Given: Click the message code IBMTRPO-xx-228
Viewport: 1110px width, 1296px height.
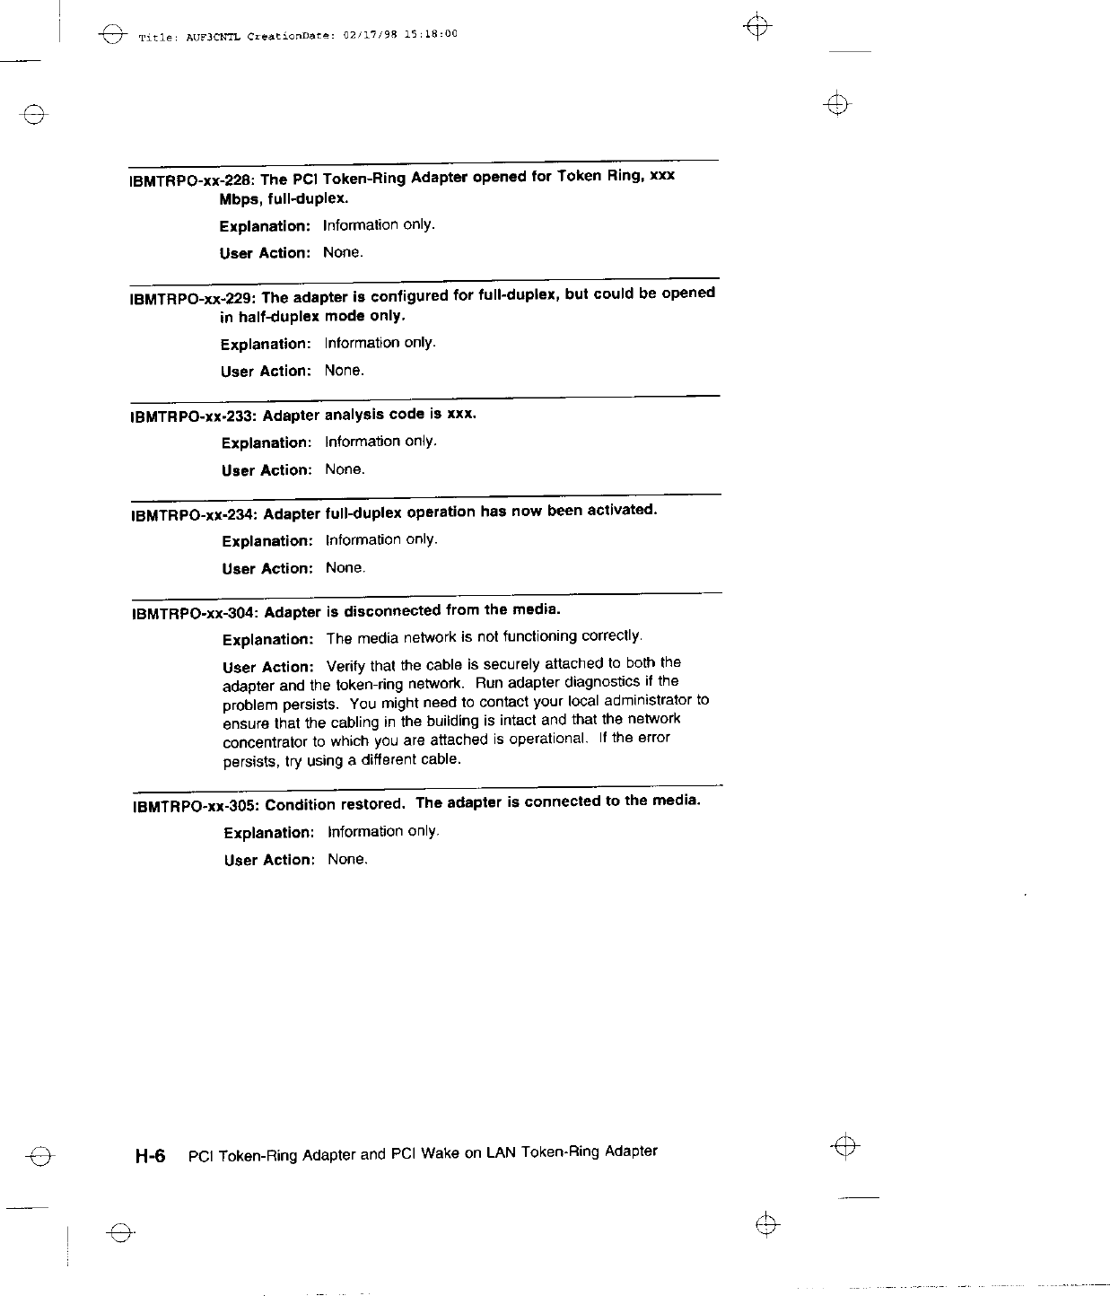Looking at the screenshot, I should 192,180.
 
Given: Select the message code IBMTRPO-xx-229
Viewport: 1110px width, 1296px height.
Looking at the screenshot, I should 192,298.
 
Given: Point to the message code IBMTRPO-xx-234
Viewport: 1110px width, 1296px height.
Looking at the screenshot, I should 194,515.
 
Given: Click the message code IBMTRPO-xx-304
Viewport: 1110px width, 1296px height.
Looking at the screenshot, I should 195,614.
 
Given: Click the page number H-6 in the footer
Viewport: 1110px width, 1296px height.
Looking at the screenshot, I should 150,1156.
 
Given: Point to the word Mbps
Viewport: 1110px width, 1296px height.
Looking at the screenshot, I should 240,198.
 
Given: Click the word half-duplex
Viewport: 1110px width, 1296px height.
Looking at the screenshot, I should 277,316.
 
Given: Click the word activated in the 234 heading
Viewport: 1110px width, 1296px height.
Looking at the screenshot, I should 622,510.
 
